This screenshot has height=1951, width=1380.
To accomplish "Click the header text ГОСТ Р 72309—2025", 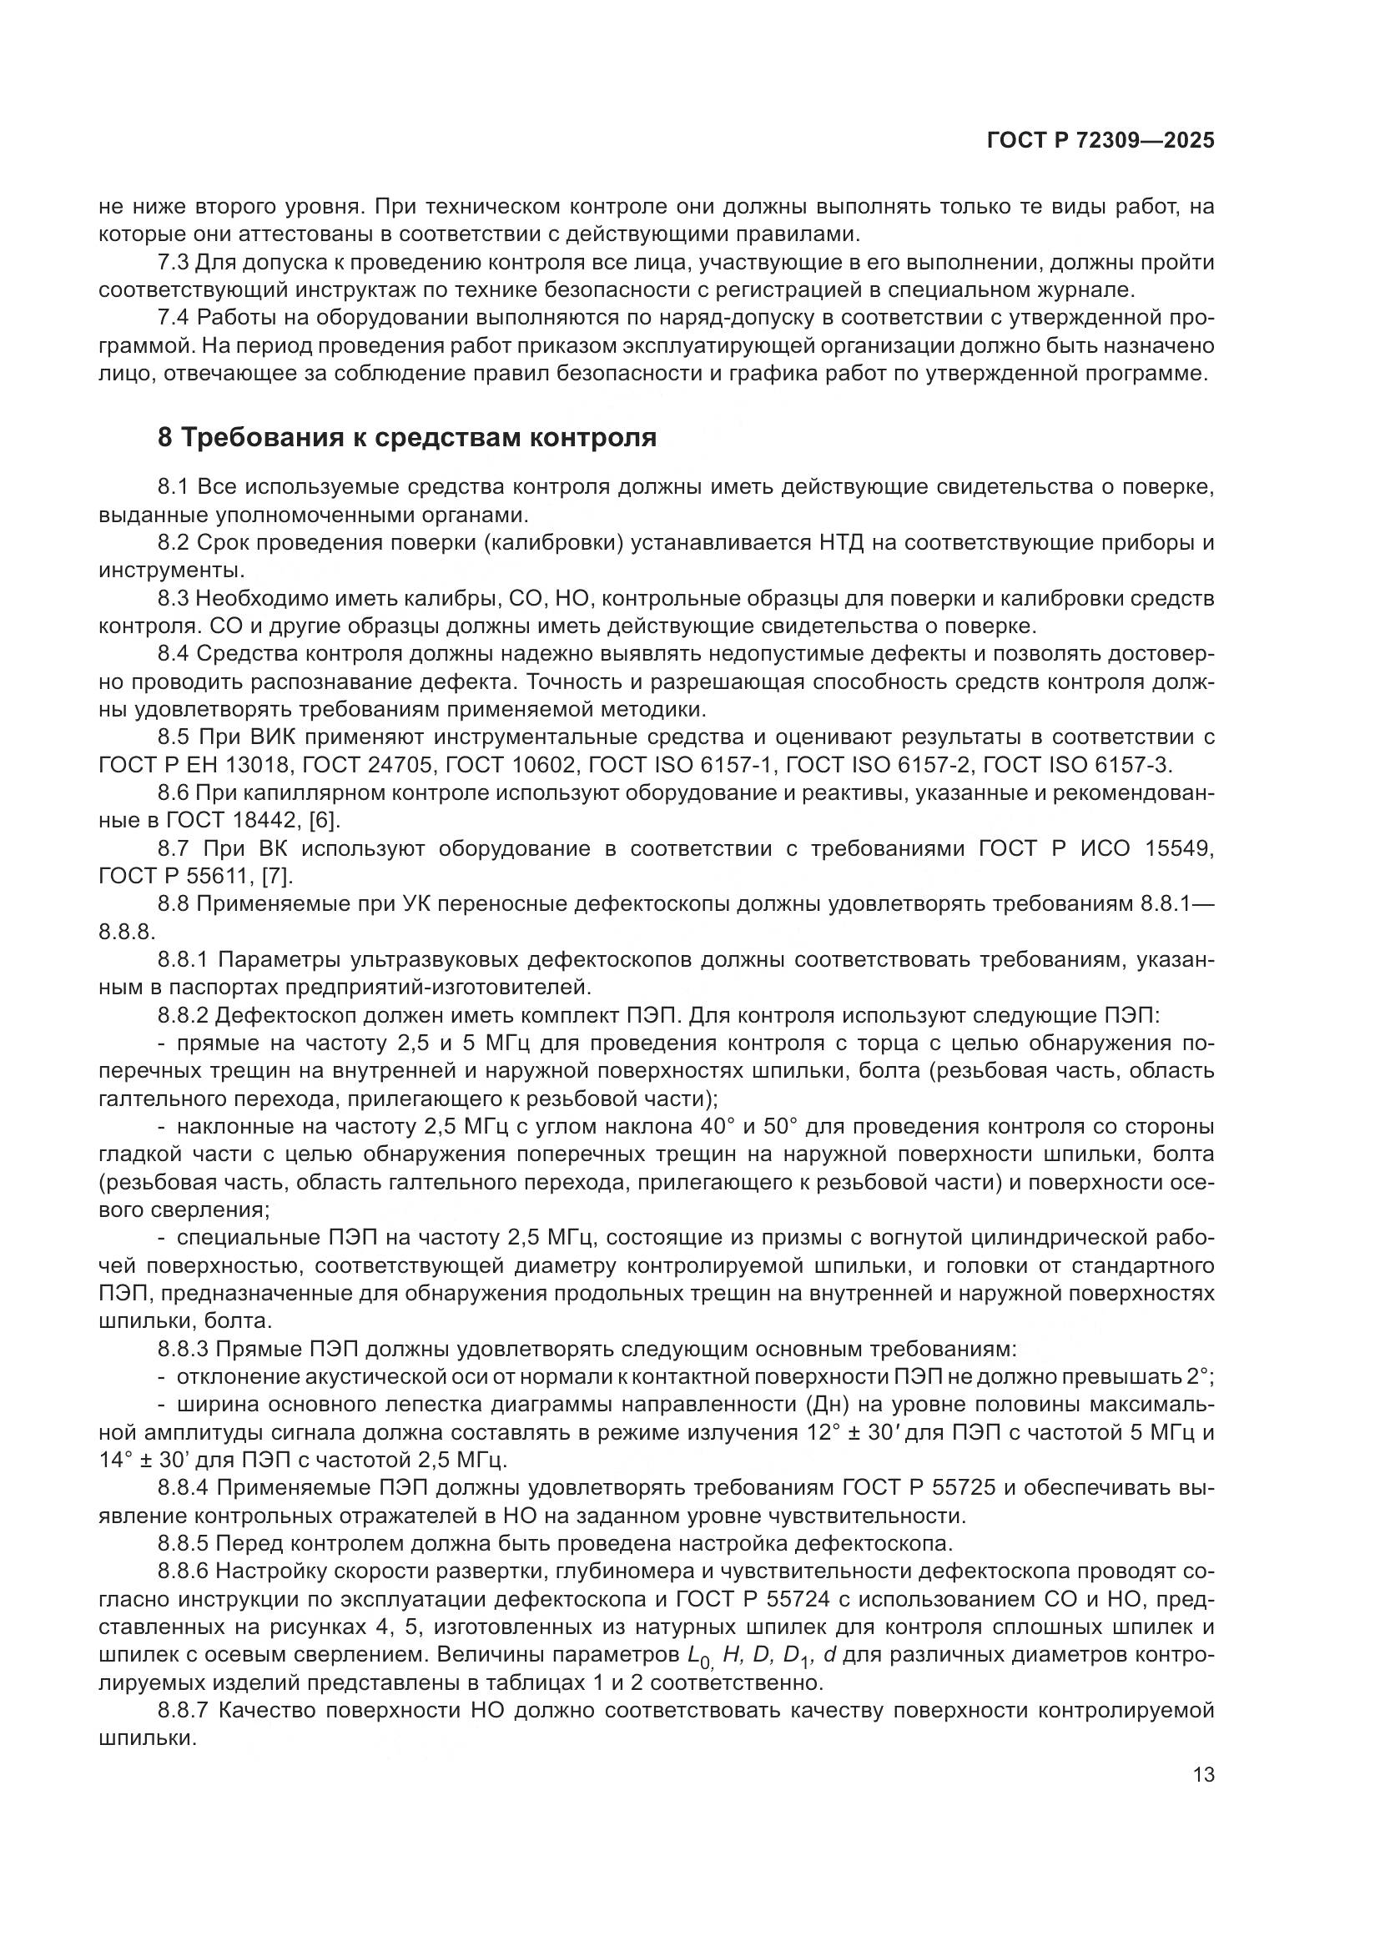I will pos(1100,141).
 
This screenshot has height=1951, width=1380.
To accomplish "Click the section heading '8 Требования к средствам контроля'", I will pos(407,438).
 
